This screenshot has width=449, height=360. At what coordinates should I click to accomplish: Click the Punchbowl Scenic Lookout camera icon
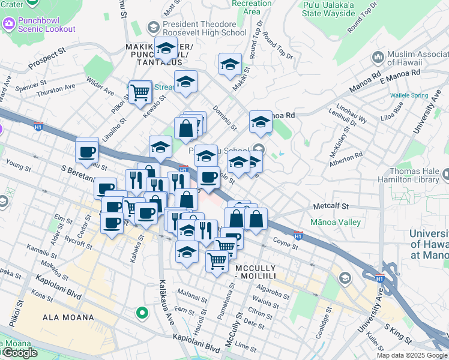tap(8, 24)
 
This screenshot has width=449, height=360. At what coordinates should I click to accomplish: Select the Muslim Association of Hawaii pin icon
tap(378, 57)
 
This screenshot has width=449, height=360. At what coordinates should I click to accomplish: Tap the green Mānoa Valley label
tap(336, 222)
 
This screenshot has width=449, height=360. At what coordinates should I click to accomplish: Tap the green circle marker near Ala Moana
tap(142, 312)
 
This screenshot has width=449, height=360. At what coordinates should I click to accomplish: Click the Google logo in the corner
tap(19, 353)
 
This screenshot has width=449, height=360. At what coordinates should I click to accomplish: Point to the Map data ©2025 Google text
tap(411, 355)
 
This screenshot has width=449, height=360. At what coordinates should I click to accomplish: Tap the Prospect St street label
tap(46, 55)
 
